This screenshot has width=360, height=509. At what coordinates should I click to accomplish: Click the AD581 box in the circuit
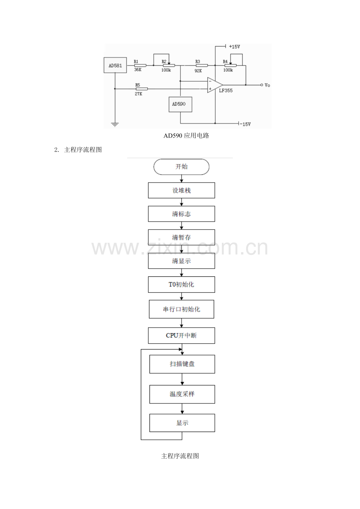115,65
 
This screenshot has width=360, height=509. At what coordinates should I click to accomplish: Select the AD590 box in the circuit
180,104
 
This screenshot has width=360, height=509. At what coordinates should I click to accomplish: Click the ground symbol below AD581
115,125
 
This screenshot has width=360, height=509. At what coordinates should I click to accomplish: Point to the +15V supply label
234,47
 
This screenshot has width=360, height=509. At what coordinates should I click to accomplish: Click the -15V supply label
245,124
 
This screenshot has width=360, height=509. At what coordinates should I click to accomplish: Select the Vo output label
267,85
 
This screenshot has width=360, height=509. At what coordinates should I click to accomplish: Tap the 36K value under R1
138,70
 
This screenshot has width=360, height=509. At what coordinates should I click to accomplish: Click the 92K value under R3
198,71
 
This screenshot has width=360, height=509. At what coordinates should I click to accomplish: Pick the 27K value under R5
139,93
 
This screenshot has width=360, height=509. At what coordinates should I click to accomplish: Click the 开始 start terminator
181,167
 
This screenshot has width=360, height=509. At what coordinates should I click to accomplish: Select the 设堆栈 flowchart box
182,190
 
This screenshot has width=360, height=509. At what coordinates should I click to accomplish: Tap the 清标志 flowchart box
182,214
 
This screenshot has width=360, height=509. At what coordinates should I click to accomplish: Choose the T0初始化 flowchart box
182,285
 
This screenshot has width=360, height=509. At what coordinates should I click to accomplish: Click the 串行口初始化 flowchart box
182,309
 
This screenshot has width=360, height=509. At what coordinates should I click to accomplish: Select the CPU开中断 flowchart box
182,335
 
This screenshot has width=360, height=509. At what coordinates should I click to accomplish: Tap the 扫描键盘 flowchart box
182,364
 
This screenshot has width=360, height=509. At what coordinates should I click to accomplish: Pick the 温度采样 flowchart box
182,394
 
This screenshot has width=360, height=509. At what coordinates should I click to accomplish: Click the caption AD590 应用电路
186,136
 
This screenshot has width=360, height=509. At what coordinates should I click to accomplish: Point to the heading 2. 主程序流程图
78,150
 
